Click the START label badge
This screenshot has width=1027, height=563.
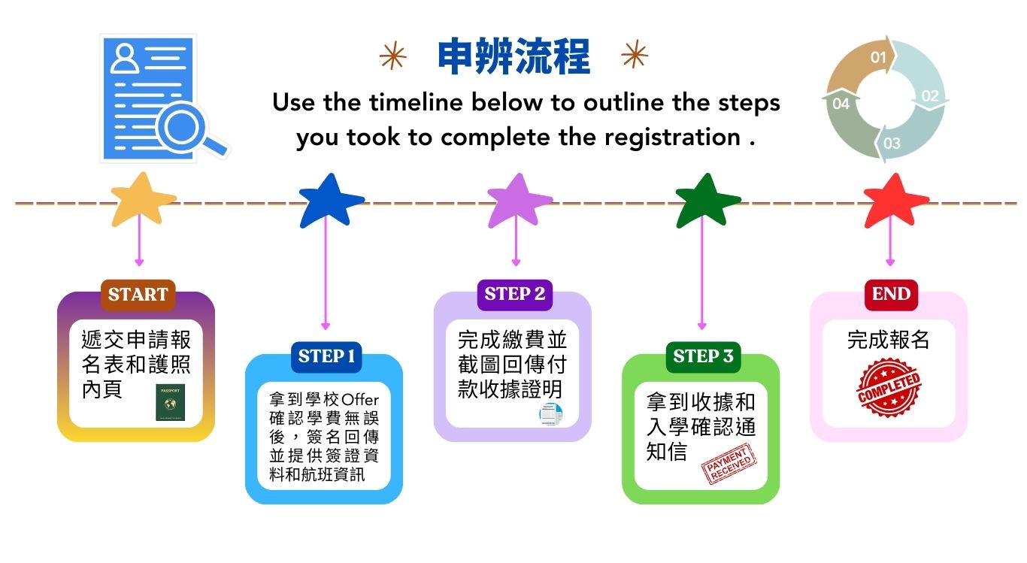coord(138,295)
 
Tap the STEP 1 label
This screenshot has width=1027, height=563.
coord(326,357)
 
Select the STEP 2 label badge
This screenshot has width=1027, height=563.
coord(515,295)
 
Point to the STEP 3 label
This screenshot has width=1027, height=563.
coord(703,357)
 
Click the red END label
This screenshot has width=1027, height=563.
coord(891,295)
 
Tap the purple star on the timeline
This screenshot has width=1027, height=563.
coord(519,201)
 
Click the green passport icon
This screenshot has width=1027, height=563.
coord(170,402)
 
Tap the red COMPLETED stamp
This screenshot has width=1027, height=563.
coord(889,388)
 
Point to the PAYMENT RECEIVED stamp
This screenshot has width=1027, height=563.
coord(729,464)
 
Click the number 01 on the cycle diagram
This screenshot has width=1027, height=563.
coord(878,58)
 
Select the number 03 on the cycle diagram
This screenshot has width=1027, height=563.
coord(892,144)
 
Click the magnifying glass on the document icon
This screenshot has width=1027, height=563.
coord(189,130)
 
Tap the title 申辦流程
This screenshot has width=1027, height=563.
coord(514,56)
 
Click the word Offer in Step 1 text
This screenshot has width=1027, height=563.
coord(360,400)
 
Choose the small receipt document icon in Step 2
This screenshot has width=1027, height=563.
coord(551,414)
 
